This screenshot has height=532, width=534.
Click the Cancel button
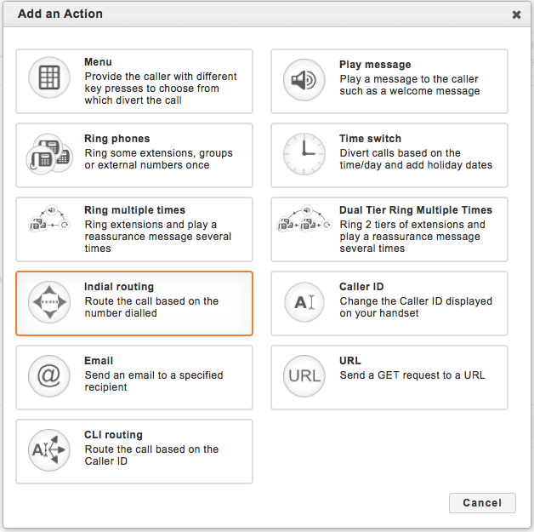tap(482, 503)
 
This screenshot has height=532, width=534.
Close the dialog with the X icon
tap(516, 14)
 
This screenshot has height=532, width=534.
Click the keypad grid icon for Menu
tap(49, 77)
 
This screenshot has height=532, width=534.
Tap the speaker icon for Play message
tap(304, 80)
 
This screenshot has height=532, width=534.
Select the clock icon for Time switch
tap(304, 154)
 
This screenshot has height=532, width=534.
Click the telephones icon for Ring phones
tap(49, 154)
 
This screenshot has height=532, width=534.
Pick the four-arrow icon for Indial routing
tap(49, 302)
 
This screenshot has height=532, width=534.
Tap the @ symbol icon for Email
tap(49, 376)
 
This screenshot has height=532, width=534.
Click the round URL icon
tap(304, 376)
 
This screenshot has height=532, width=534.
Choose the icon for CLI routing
tap(49, 450)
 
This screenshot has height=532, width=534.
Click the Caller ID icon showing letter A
tap(304, 302)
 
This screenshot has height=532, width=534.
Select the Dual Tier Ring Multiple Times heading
tap(416, 210)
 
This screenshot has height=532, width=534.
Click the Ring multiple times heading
tap(135, 210)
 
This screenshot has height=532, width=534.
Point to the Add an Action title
tap(60, 14)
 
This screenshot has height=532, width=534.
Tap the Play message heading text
tap(375, 65)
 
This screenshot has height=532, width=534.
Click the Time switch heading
tap(370, 139)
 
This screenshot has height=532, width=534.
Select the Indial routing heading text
tap(119, 287)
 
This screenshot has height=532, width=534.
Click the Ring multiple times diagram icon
tap(49, 218)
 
